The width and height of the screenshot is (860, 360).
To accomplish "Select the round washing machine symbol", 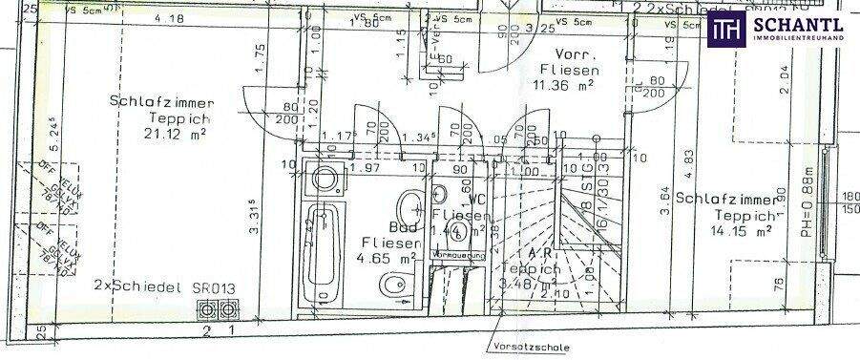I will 325,180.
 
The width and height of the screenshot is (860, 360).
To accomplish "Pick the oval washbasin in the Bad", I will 410,203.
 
